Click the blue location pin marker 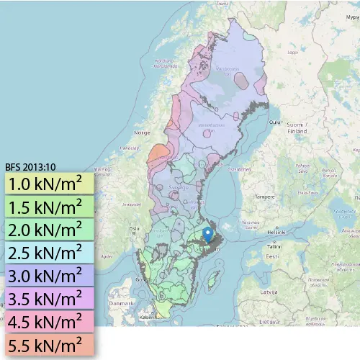[208, 235]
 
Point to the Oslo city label [134, 229]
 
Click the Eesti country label [272, 256]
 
